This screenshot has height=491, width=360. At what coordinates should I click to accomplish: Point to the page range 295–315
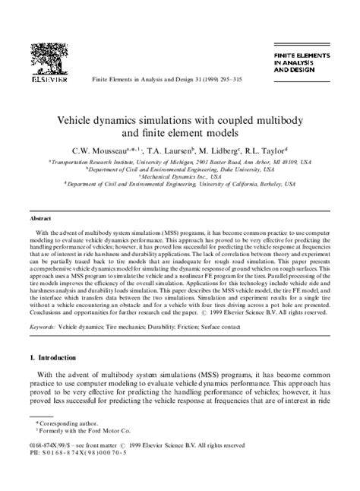coord(223,78)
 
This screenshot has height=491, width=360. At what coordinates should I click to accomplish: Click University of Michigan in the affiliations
coord(166,162)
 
